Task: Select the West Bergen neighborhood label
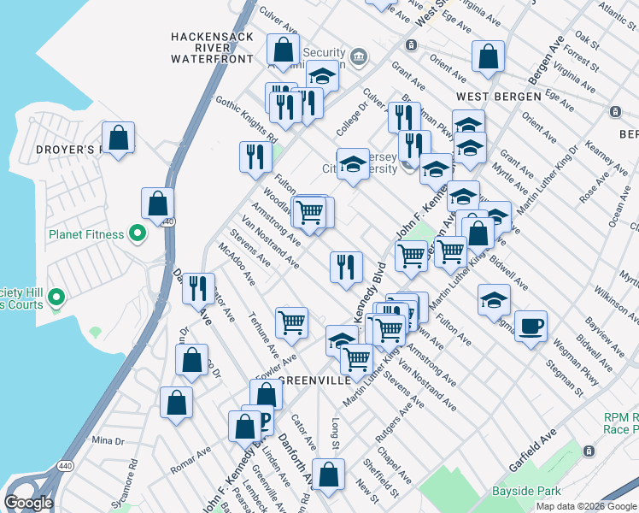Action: (x=499, y=97)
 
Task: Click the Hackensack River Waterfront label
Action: (x=212, y=48)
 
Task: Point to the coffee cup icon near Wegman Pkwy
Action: (x=531, y=326)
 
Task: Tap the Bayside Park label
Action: (x=527, y=491)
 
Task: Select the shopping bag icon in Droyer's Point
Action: (x=119, y=137)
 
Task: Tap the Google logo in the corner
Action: (x=28, y=503)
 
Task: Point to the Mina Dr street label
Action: (x=108, y=440)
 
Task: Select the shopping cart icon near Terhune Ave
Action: (x=292, y=322)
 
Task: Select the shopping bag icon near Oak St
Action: (x=488, y=57)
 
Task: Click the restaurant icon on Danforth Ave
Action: (x=198, y=288)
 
